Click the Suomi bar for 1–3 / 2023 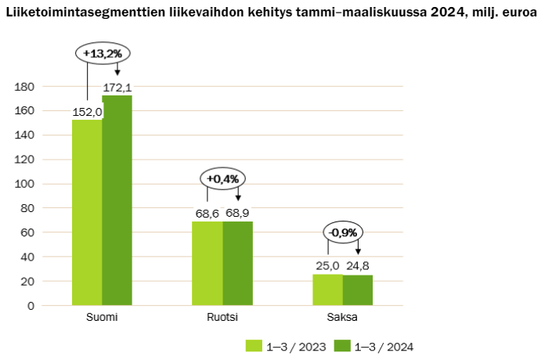click(x=87, y=212)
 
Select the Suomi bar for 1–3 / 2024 click(x=117, y=200)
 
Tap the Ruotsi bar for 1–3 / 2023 click(x=208, y=263)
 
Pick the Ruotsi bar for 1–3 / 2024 click(x=238, y=263)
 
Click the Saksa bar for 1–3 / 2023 click(x=327, y=290)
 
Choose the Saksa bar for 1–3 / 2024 click(x=358, y=290)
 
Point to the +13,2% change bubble click(x=102, y=53)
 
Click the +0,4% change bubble click(x=222, y=178)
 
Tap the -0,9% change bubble click(x=343, y=232)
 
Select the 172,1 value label click(x=117, y=87)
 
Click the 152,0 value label click(x=88, y=112)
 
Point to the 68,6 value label click(x=208, y=213)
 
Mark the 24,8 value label click(x=358, y=266)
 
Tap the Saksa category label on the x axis click(x=342, y=318)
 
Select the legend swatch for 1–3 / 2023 click(x=254, y=346)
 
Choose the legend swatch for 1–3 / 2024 click(x=341, y=346)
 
